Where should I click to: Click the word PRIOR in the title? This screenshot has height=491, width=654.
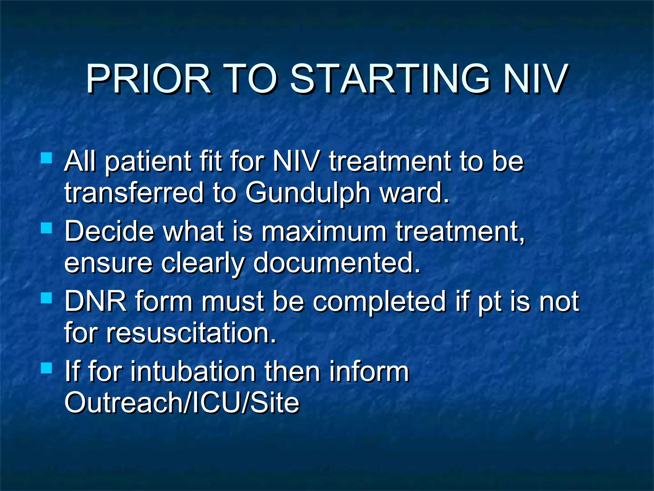coord(148,79)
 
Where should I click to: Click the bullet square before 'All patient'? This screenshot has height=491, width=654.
coord(47,158)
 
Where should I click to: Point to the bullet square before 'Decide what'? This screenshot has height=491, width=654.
coord(47,228)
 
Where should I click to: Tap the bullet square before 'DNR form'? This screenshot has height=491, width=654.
coord(47,298)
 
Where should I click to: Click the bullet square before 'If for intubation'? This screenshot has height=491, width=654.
coord(47,368)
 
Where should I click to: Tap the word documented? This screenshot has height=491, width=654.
coord(337,263)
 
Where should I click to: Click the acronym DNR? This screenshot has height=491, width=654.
coord(95,301)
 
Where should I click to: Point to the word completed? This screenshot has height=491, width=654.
coord(379,301)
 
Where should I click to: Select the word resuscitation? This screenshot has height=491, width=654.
coord(191,333)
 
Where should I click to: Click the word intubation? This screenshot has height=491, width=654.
coord(193,371)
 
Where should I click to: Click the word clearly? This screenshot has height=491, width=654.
coord(202,263)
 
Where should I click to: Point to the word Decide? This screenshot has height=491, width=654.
coord(109,231)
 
